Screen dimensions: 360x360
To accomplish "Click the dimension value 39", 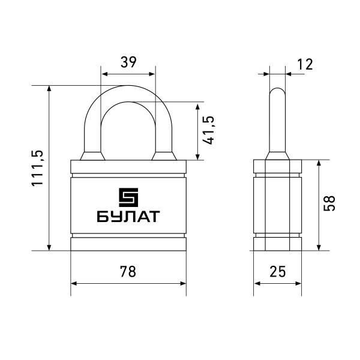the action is point(128,62).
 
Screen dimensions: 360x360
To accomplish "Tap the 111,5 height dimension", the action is point(37,168).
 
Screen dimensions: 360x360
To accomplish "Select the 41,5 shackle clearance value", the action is point(209,130).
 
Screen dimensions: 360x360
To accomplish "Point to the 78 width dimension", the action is point(128,271).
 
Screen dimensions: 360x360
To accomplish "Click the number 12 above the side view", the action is point(305,64).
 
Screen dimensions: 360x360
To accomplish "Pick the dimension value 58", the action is point(329,203).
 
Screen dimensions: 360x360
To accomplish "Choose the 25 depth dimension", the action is point(278,271).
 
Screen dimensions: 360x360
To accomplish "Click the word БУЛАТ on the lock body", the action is point(128,217).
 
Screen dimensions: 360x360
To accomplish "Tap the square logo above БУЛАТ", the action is point(128,197).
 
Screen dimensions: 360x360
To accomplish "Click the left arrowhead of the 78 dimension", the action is point(73,284).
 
